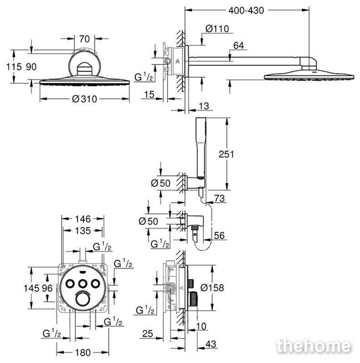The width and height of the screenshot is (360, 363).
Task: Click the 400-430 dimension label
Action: coord(246,10)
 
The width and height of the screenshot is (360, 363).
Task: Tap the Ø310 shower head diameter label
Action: coord(84,99)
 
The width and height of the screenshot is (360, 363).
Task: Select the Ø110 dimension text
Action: coord(217,29)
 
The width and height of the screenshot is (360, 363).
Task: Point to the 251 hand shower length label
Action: coord(227,154)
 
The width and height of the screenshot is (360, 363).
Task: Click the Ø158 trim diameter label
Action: coord(212,288)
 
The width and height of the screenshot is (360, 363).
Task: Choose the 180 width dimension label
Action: coord(83,353)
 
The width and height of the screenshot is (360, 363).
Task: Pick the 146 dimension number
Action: coord(83,219)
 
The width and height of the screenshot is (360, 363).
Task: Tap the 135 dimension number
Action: coord(83,231)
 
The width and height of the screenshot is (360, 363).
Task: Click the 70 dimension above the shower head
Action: coord(84,39)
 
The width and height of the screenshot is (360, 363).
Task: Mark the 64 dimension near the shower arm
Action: coord(238,45)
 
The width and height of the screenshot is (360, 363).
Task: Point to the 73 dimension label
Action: coord(219,198)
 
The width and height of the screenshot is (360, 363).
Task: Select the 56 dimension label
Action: coord(219,235)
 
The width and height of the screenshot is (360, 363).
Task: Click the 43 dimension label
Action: coord(211,344)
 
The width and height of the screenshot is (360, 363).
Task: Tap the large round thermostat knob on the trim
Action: coord(82,299)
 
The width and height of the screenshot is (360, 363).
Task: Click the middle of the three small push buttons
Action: coord(82,284)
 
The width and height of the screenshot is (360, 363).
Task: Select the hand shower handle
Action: coord(201,148)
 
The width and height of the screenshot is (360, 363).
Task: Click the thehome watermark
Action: coord(314,346)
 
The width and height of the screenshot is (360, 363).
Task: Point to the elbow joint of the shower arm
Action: coord(309,63)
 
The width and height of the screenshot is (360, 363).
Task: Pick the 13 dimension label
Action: coord(204,106)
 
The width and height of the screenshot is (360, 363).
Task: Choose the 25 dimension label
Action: coord(148,334)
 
